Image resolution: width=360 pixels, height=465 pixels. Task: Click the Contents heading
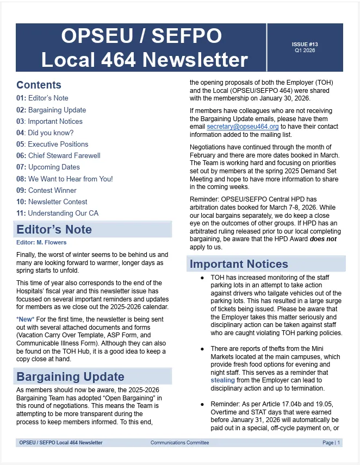tap(39, 85)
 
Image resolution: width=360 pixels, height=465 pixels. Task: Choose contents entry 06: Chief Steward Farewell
tap(58, 155)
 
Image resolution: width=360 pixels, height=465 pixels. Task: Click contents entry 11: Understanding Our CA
tap(57, 213)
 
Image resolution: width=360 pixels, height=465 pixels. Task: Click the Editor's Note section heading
tap(54, 229)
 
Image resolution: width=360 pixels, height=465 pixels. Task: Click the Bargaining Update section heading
tap(70, 376)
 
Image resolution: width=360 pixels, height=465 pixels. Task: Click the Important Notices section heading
tap(239, 264)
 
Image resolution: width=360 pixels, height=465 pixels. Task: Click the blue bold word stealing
tap(222, 380)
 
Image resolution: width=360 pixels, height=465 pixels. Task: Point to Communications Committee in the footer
tap(179, 443)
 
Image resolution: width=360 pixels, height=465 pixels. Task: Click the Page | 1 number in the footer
tap(331, 443)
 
